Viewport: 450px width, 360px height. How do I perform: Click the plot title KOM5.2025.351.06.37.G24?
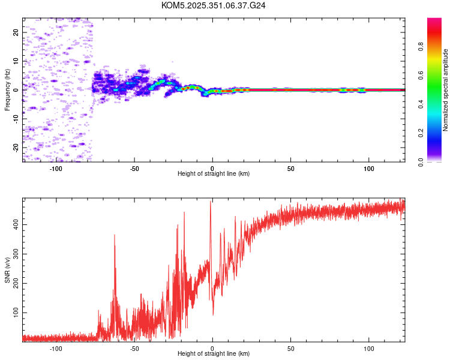[x=214, y=5]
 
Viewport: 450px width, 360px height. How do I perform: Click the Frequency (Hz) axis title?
[x=8, y=90]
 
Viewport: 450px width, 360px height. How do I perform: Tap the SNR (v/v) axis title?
[x=8, y=272]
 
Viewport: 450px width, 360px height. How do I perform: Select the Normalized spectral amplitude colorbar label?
[x=446, y=90]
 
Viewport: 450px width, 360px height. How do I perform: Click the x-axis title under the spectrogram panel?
[x=214, y=173]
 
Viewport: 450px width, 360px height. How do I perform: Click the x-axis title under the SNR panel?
[x=214, y=353]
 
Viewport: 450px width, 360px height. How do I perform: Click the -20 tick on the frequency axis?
[x=16, y=147]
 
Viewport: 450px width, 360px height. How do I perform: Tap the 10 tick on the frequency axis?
[x=16, y=61]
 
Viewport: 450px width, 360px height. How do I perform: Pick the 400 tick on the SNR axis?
[x=13, y=224]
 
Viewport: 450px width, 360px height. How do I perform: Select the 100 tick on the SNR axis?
[x=13, y=313]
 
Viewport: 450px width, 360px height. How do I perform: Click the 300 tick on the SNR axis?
[x=13, y=254]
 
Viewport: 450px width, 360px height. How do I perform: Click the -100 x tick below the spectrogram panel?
[x=56, y=167]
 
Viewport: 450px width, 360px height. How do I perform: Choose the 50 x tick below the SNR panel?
[x=290, y=347]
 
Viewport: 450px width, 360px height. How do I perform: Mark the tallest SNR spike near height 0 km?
[x=211, y=202]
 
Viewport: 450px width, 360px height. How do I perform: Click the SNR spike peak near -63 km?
[x=114, y=235]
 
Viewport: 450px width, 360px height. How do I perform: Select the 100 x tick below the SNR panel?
[x=368, y=347]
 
